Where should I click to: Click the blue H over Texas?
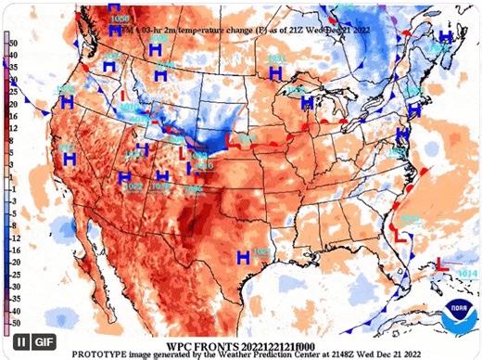(243, 256)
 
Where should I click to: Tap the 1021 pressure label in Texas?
(261, 252)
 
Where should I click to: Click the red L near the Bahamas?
(443, 267)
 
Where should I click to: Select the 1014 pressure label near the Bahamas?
(467, 273)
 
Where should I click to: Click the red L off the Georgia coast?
(401, 238)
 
